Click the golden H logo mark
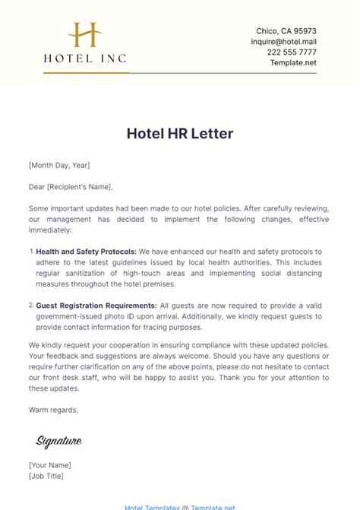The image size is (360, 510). point(85,35)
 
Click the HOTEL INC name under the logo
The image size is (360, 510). point(85,57)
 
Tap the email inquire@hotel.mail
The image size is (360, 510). point(283,42)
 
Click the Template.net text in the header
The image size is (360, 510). point(293,62)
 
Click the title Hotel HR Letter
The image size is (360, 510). point(180,133)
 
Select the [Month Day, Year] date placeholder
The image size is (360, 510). point(59,164)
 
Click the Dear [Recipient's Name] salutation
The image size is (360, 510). point(71,186)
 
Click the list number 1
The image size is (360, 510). point(31,251)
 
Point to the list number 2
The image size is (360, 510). point(31,304)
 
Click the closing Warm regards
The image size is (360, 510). point(53,410)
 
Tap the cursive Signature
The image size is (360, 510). point(58,441)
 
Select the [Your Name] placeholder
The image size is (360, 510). point(50,465)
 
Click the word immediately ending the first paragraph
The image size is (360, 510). point(54,229)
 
